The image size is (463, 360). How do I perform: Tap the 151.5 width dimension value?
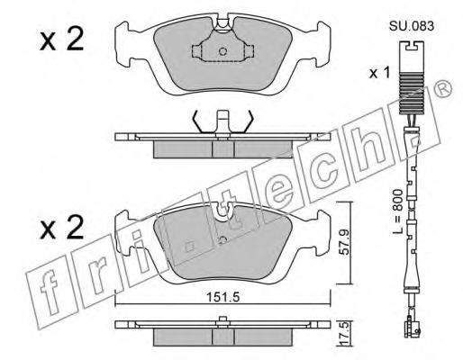point(222,297)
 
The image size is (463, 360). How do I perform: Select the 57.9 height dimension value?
point(344,242)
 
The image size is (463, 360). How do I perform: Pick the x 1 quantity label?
point(379,73)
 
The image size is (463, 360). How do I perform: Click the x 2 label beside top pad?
point(62,39)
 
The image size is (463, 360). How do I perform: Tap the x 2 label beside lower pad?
point(62,228)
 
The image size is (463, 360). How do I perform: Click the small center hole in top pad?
point(222,51)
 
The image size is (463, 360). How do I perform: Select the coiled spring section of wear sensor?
point(410,94)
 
